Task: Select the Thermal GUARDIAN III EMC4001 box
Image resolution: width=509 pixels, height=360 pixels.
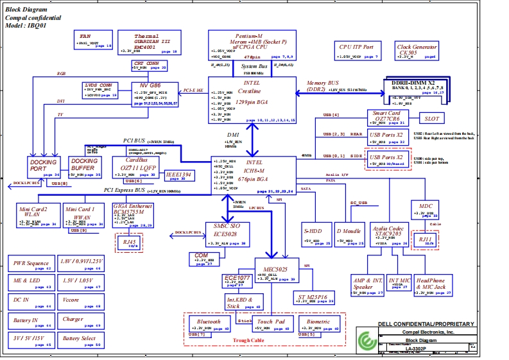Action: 146,42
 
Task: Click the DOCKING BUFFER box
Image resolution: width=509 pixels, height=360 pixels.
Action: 85,167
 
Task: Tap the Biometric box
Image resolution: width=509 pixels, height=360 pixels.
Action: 318,324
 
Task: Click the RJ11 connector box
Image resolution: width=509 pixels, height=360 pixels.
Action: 424,239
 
